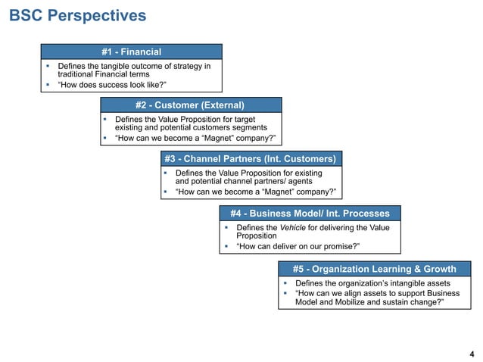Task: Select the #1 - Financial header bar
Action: [x=131, y=51]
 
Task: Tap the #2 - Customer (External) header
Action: [x=190, y=105]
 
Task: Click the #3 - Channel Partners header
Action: [x=250, y=159]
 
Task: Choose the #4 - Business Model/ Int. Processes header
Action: [x=310, y=214]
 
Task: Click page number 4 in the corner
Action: [x=472, y=354]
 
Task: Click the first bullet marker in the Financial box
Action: [x=47, y=67]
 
